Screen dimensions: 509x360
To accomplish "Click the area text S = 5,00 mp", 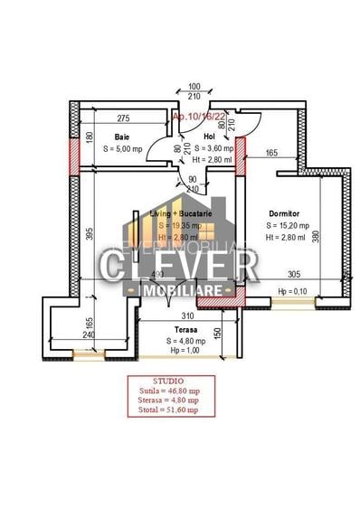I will click(x=120, y=148).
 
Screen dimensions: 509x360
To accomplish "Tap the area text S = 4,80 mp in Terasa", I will click(x=187, y=341).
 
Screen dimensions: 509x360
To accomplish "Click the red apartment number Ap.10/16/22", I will click(x=194, y=117).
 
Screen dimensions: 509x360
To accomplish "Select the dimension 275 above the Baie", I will click(x=124, y=118).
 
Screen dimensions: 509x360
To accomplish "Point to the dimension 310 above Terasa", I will click(x=187, y=316).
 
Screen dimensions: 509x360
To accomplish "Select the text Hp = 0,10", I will click(x=293, y=292).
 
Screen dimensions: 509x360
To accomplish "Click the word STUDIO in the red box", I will click(x=169, y=381).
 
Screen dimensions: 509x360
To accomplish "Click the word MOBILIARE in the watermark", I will click(x=180, y=291).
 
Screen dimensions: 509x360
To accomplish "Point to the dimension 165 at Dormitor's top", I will click(x=271, y=155).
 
